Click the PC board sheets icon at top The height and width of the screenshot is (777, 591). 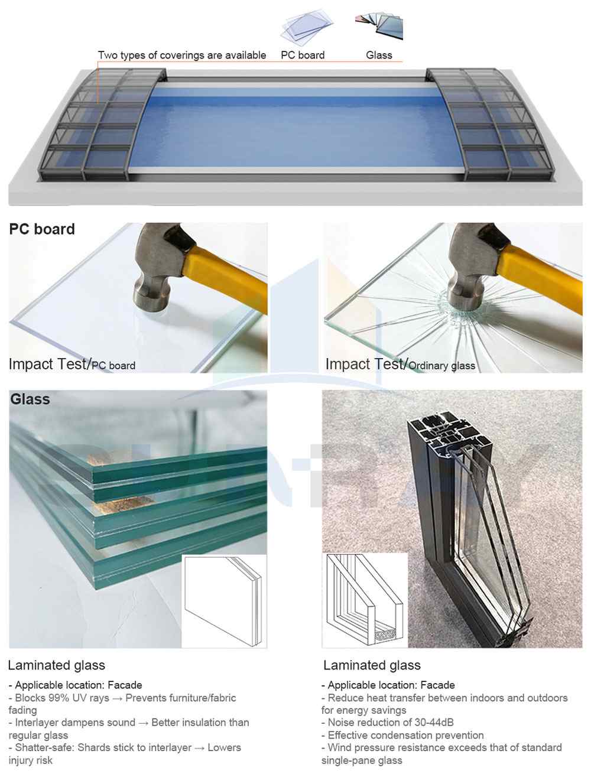tap(307, 26)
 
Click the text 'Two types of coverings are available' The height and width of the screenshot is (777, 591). tap(182, 55)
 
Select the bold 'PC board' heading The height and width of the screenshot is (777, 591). tap(42, 229)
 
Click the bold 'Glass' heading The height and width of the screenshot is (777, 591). tap(30, 399)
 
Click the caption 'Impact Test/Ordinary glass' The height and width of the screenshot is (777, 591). tap(400, 364)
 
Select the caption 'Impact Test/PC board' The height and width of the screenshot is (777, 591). tap(72, 364)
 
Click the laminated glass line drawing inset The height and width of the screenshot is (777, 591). tap(224, 601)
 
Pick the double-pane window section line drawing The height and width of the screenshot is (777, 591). tap(365, 600)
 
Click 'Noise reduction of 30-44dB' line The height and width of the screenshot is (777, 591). tap(388, 722)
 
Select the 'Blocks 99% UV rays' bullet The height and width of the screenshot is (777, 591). tap(122, 704)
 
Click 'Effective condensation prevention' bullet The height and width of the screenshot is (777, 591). tap(402, 735)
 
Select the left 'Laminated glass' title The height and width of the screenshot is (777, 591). tap(57, 665)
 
